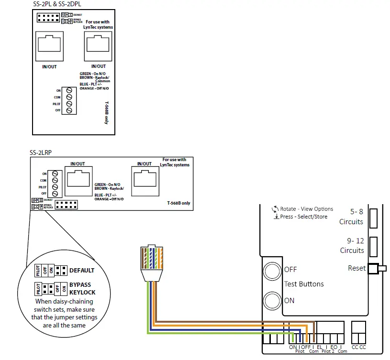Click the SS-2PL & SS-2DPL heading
pyautogui.click(x=56, y=4)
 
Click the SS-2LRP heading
pyautogui.click(x=40, y=153)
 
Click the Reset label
pyautogui.click(x=357, y=268)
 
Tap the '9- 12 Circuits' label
pyautogui.click(x=351, y=246)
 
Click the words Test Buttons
pyautogui.click(x=304, y=284)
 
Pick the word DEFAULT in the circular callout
pyautogui.click(x=82, y=270)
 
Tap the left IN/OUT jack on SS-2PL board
pyautogui.click(x=49, y=45)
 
